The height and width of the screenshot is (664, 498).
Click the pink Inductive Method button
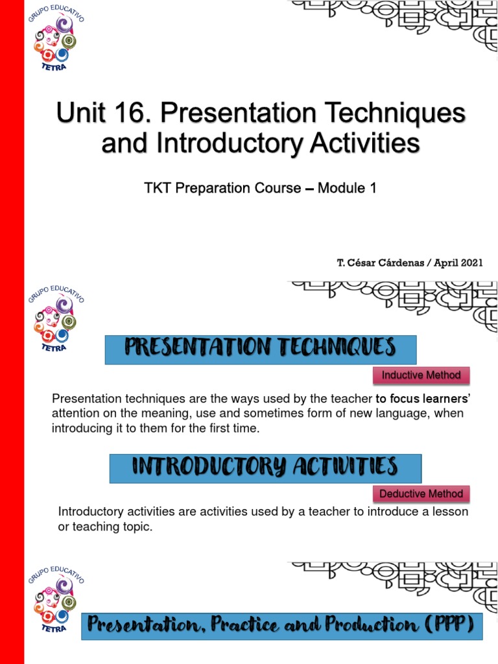point(421,375)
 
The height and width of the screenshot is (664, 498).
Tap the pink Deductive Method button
point(421,493)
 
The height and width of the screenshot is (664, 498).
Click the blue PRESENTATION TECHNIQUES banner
point(260,348)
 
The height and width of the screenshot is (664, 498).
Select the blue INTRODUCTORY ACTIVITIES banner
point(265,467)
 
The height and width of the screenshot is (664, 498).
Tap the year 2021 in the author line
point(470,263)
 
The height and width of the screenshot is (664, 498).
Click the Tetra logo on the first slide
point(55,39)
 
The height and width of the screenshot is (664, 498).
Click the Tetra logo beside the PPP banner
point(55,597)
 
